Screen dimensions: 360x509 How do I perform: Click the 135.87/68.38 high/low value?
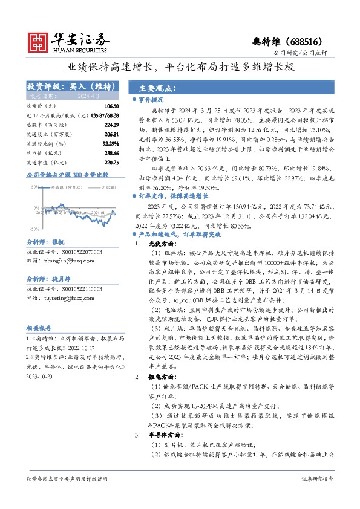pyautogui.click(x=101, y=115)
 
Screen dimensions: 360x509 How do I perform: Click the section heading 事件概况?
pyautogui.click(x=151, y=99)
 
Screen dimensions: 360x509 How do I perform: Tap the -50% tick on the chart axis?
pyautogui.click(x=34, y=229)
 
